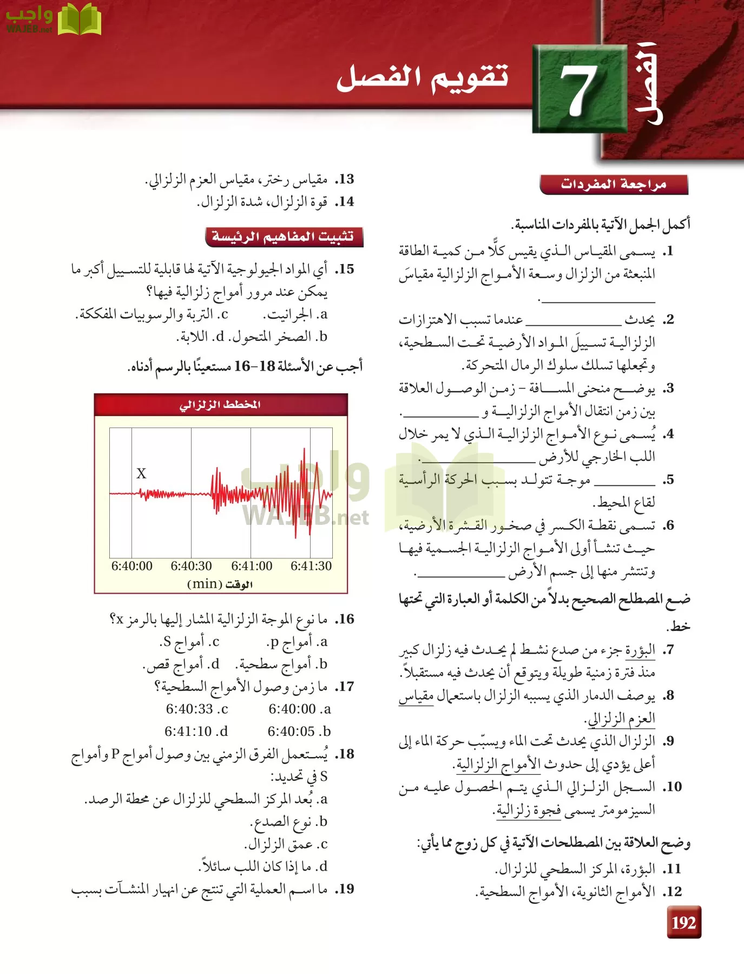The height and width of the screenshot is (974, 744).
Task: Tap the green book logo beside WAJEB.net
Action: pyautogui.click(x=80, y=19)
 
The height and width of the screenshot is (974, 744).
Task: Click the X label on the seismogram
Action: pyautogui.click(x=141, y=473)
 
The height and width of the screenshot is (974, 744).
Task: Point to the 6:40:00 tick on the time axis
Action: pyautogui.click(x=132, y=566)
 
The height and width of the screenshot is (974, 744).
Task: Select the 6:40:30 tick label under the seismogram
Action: pyautogui.click(x=191, y=566)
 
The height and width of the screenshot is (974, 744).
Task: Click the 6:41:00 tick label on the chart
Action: pyautogui.click(x=252, y=566)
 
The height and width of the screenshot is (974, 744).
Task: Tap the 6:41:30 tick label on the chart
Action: pyautogui.click(x=311, y=566)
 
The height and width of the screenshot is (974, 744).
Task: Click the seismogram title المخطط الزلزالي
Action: pyautogui.click(x=220, y=405)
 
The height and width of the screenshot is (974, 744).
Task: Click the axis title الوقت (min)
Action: pyautogui.click(x=220, y=584)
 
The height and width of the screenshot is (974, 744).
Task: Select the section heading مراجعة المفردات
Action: pyautogui.click(x=613, y=185)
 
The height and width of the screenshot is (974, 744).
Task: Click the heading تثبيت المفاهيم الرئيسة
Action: pyautogui.click(x=283, y=237)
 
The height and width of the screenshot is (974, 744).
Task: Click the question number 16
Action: pyautogui.click(x=345, y=619)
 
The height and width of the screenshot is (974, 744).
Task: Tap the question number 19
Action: pyautogui.click(x=345, y=889)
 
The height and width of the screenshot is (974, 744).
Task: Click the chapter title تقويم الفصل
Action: pyautogui.click(x=423, y=77)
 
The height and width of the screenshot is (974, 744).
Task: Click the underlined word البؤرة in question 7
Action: pyautogui.click(x=640, y=650)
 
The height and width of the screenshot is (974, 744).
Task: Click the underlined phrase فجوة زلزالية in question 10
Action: pyautogui.click(x=522, y=810)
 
